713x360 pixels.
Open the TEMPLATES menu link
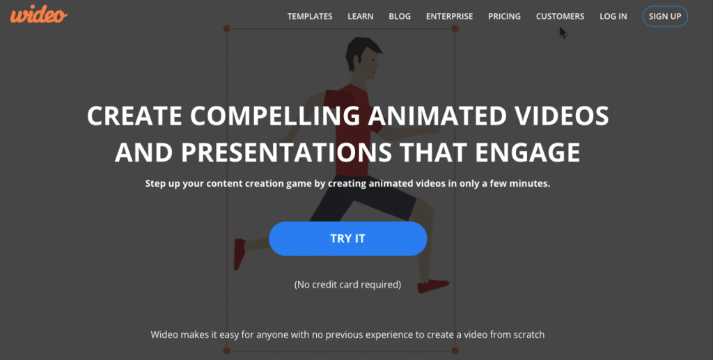[310, 16]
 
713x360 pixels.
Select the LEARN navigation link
[361, 16]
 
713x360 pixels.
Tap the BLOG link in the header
[400, 16]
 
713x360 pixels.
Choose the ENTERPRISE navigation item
[449, 16]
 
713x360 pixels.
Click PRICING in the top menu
[504, 16]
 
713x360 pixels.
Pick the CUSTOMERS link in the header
[560, 16]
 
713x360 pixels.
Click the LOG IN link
[613, 16]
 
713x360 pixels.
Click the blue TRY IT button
[347, 238]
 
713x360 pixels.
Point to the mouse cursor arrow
[563, 33]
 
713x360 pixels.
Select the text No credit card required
[347, 284]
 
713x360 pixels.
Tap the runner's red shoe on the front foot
[432, 285]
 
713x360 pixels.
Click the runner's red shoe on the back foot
[239, 253]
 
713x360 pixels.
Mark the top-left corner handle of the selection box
[226, 29]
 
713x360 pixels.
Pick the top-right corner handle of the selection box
[455, 29]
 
